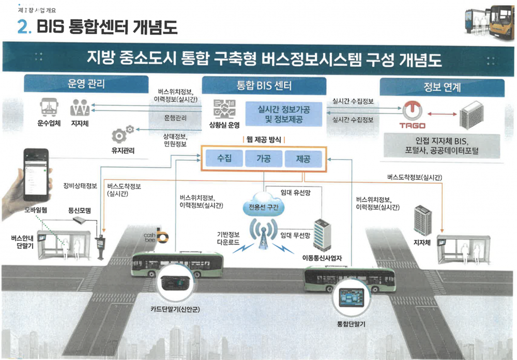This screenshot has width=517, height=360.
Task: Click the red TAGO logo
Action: point(412,113)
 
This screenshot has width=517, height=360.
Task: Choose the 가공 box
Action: point(264,159)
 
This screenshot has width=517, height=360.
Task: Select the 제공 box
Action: point(303,159)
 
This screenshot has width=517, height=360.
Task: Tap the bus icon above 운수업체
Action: point(48,109)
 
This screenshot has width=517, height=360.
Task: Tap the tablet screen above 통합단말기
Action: point(348,299)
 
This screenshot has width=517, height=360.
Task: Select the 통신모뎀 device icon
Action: point(81,220)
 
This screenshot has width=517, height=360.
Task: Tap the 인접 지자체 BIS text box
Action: point(442,146)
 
